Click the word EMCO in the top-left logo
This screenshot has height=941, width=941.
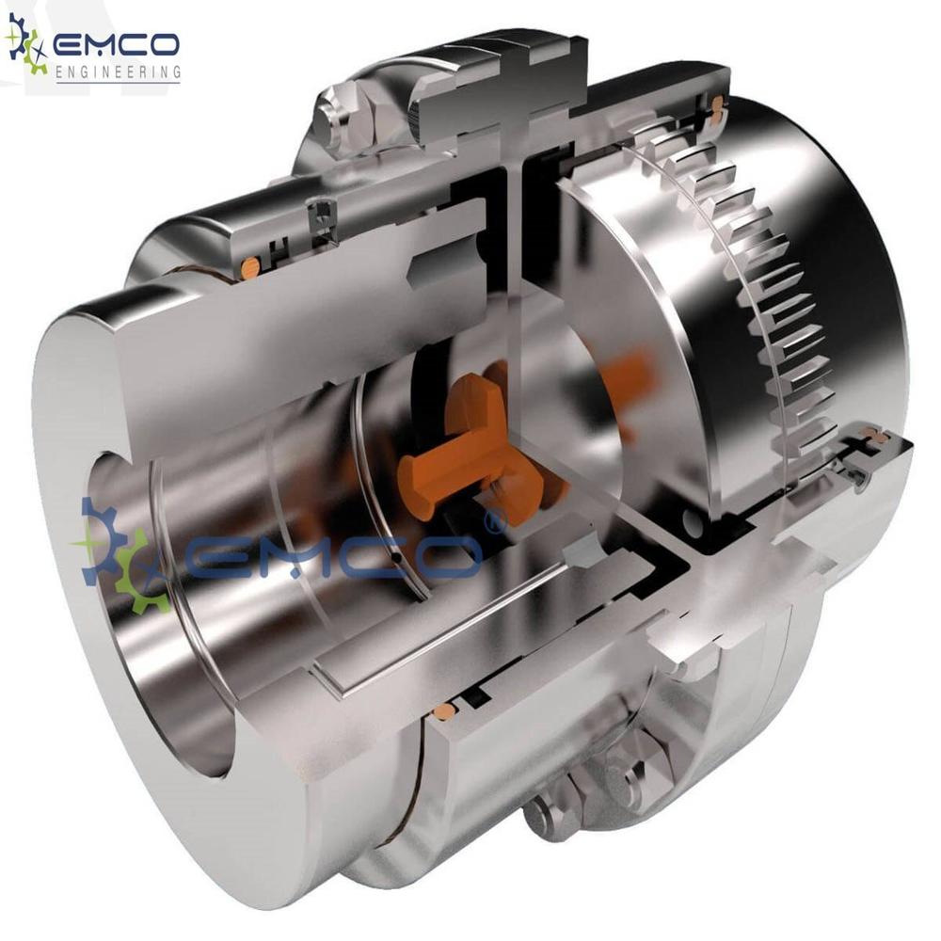117,44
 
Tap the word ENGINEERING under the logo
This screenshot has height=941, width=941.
118,72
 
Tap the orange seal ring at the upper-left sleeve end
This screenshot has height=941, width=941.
249,268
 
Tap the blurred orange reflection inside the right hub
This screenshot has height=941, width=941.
630,376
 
